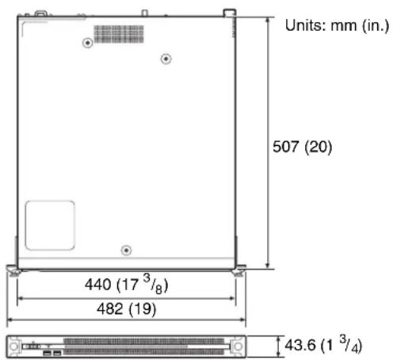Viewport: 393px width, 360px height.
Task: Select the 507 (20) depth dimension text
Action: tap(305, 147)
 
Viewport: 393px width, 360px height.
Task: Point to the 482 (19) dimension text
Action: tap(126, 308)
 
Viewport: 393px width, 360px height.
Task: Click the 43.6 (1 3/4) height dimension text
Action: tap(325, 346)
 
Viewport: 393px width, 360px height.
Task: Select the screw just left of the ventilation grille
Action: tap(87, 44)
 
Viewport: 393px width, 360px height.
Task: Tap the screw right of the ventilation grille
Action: tap(166, 58)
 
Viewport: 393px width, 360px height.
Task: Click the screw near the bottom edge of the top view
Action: tap(126, 251)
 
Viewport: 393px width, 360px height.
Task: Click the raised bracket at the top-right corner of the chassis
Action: tap(229, 12)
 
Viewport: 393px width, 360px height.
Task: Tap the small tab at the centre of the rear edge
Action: tap(143, 12)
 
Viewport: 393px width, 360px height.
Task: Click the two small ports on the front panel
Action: tap(50, 349)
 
